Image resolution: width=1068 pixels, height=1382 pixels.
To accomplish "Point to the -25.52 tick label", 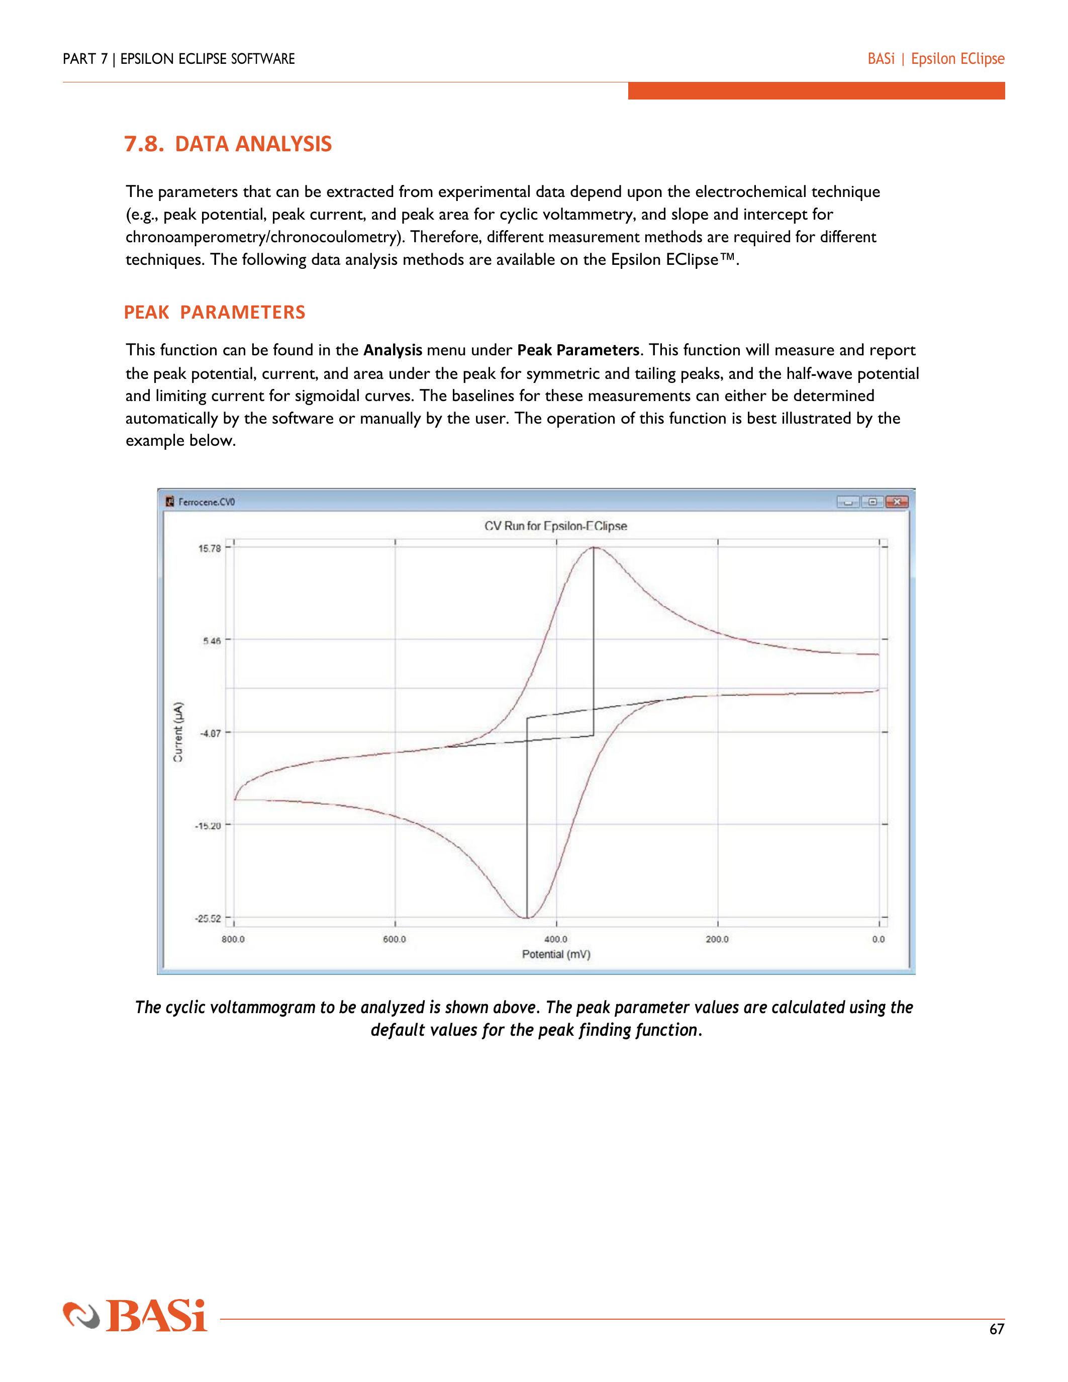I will click(208, 918).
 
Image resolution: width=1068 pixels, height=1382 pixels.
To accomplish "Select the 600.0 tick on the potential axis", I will click(394, 939).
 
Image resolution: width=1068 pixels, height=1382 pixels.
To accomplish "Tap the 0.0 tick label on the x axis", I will click(878, 939).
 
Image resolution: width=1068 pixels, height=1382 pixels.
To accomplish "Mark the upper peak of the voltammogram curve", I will click(594, 547).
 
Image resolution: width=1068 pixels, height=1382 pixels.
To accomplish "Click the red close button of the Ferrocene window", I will click(897, 502).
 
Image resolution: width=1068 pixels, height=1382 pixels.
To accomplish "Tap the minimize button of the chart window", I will click(848, 502).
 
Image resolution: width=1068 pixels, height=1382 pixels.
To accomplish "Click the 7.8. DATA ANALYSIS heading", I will click(228, 144).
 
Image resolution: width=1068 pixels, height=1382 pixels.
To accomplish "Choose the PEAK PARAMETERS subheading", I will click(215, 312).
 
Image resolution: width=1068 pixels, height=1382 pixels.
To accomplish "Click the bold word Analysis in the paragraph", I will click(393, 350).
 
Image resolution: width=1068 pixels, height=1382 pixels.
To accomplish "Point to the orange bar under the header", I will click(816, 90).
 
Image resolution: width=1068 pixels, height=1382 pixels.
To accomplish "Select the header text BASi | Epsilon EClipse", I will click(936, 59).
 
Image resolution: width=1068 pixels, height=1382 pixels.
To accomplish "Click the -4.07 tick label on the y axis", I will click(210, 733).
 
